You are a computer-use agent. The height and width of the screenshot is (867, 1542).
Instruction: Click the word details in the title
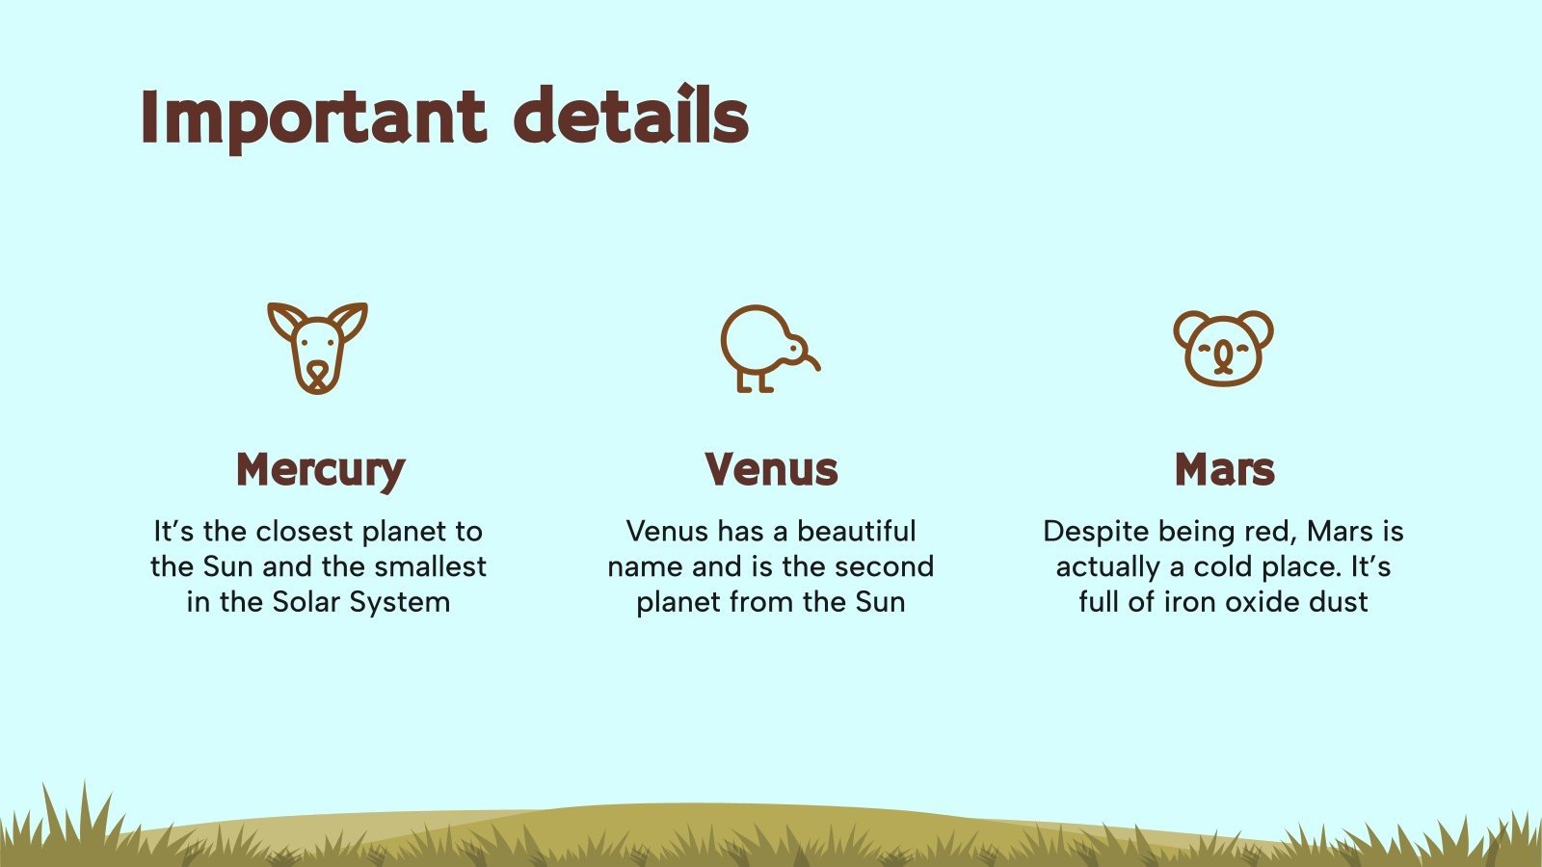(630, 118)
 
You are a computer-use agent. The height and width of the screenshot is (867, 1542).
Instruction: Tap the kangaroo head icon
(317, 348)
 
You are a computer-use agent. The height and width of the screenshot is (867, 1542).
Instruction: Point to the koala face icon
(1223, 348)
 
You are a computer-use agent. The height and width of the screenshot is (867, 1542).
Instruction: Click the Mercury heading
(320, 470)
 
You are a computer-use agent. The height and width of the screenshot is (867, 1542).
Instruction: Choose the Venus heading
(771, 469)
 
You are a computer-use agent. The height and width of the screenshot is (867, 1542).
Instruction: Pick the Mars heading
(1224, 469)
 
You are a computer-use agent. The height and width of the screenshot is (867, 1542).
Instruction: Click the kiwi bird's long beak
(808, 356)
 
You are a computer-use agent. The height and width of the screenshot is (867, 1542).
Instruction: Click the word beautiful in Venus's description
(857, 531)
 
